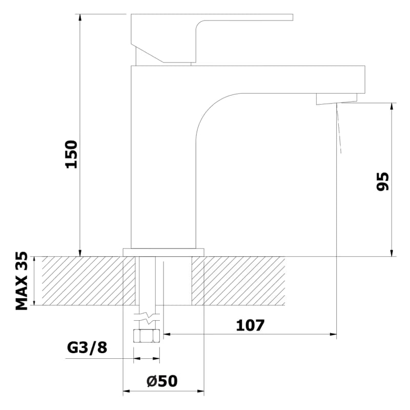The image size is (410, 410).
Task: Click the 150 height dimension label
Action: (x=71, y=154)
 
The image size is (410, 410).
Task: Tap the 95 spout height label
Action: (x=382, y=181)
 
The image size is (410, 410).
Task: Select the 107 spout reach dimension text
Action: (x=250, y=325)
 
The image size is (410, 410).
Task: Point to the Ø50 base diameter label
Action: (x=162, y=381)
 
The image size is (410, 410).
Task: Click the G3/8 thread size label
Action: (x=87, y=348)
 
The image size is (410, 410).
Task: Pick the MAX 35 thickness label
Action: (x=22, y=281)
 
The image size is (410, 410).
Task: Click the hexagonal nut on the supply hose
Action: (x=147, y=336)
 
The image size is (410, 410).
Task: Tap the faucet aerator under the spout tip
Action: (x=337, y=99)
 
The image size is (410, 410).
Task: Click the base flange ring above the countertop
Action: (x=163, y=252)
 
